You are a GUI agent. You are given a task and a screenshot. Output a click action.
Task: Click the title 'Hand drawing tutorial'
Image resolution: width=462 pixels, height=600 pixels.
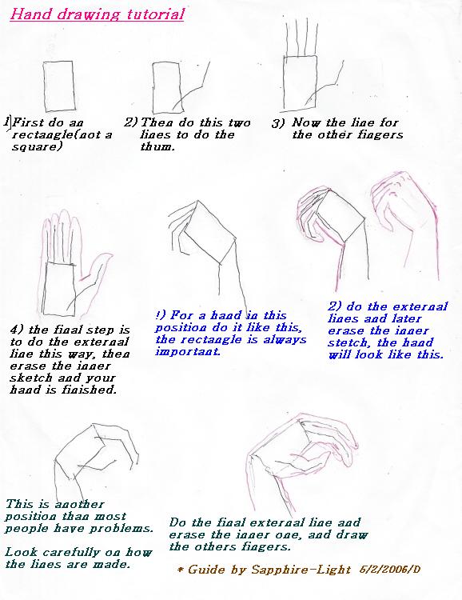coord(97,14)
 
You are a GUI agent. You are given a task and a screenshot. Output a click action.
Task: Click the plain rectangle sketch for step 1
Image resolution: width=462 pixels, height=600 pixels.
coord(59,86)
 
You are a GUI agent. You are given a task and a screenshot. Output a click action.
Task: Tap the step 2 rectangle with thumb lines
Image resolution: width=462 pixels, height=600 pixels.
coord(170,88)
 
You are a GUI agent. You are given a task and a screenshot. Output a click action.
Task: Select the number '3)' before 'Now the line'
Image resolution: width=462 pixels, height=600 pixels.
coord(277,123)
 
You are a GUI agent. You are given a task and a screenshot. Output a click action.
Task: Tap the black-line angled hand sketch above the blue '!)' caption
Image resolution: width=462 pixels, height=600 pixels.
coord(200,248)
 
